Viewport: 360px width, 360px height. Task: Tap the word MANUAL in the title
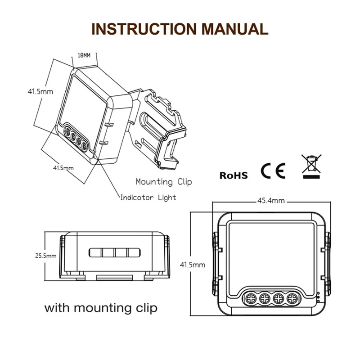[234, 28]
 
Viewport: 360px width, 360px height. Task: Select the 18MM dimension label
[84, 55]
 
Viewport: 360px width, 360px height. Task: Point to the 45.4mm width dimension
[270, 201]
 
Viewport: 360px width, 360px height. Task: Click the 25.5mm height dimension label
[46, 256]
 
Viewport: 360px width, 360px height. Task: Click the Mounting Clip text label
[164, 182]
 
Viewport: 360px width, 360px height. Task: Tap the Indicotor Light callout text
[148, 198]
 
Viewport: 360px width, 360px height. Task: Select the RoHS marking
[234, 175]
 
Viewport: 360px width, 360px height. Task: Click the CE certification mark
[273, 171]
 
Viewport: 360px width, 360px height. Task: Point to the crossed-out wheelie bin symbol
[311, 164]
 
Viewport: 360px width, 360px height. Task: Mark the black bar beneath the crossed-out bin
[311, 177]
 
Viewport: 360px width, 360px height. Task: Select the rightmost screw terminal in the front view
[293, 298]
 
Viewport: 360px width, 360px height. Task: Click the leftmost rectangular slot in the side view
[96, 252]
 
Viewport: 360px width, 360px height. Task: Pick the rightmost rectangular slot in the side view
[133, 252]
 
